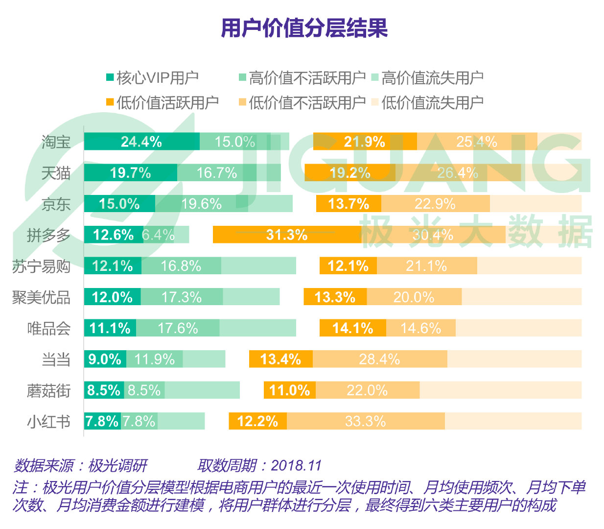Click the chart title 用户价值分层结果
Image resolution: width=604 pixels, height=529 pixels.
304,28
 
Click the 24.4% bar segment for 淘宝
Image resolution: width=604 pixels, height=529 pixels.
141,142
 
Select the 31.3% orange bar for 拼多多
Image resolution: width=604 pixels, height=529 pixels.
287,235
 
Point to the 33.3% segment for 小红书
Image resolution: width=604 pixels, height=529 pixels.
366,421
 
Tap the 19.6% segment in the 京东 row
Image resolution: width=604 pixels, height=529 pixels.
201,204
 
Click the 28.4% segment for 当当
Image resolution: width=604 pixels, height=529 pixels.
380,359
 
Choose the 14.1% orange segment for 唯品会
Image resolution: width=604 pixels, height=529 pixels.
352,328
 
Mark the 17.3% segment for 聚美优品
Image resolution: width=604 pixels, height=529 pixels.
182,297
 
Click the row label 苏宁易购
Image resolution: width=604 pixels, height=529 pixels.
42,266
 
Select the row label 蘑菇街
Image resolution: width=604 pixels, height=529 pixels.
49,390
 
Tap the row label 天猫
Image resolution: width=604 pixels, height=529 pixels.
56,173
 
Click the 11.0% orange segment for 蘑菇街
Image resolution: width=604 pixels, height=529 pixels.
290,390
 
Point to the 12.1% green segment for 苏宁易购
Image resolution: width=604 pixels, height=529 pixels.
113,266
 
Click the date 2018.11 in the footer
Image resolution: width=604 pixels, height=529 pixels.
296,465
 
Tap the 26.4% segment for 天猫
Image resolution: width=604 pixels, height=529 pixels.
458,173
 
